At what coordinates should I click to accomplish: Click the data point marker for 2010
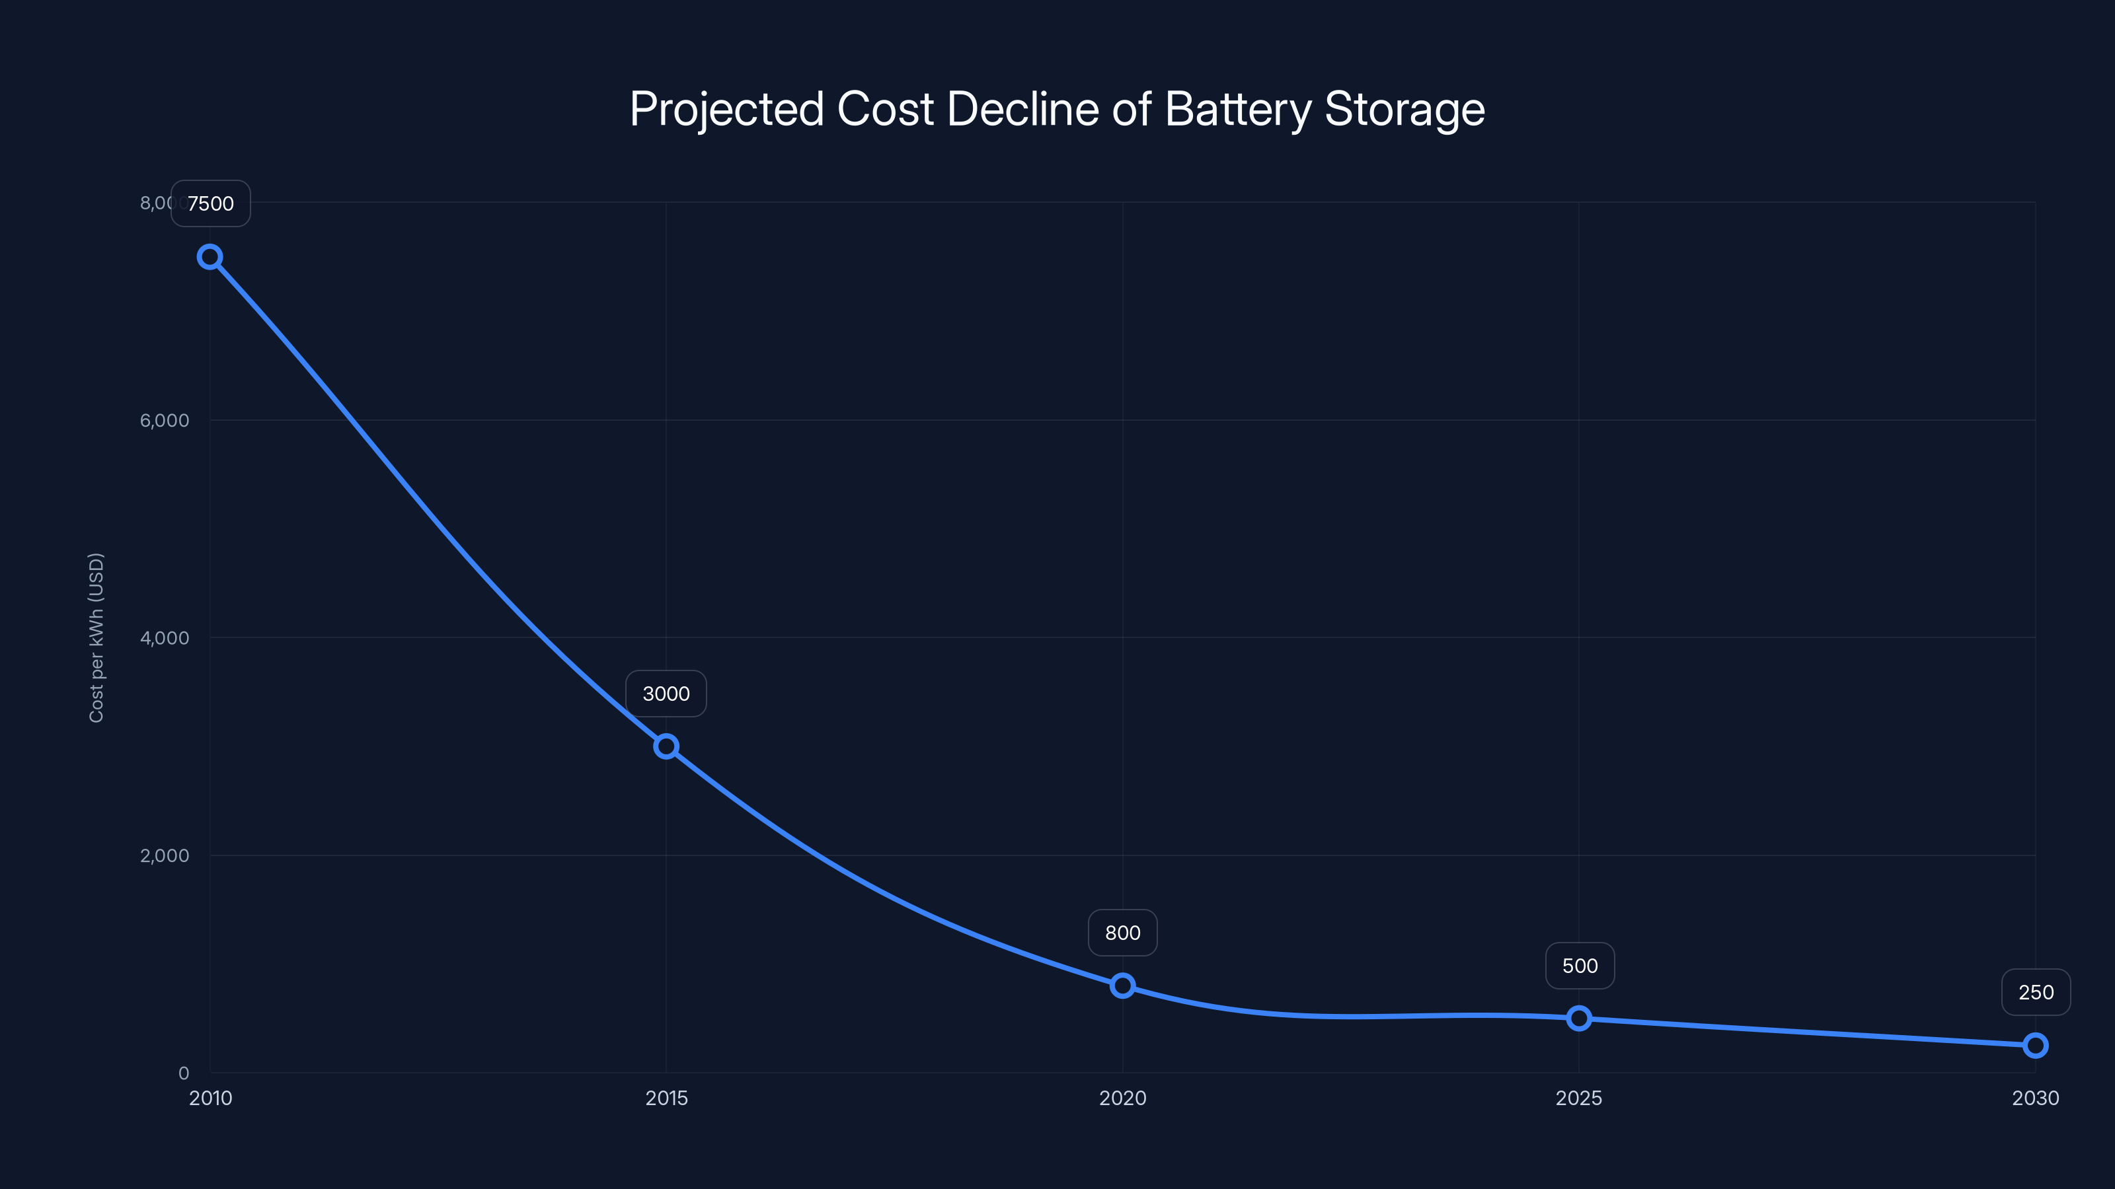tap(210, 257)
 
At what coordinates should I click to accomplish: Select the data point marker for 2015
tap(666, 746)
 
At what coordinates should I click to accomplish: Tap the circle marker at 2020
tap(1122, 986)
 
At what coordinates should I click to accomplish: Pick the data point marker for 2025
tap(1579, 1019)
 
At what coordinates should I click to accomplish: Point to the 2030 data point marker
tap(2036, 1046)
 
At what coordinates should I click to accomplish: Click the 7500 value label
tap(210, 203)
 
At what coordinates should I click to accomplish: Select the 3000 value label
tap(666, 694)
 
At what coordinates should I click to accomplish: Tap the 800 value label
tap(1122, 933)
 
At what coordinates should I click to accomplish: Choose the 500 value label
tap(1580, 966)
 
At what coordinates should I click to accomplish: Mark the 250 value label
tap(2036, 992)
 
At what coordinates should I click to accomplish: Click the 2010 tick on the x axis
tap(210, 1098)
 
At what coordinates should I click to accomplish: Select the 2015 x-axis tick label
tap(666, 1098)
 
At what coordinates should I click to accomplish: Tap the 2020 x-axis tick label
tap(1122, 1098)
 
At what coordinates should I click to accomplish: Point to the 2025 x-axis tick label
tap(1579, 1098)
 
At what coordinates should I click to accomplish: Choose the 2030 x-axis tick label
tap(2036, 1098)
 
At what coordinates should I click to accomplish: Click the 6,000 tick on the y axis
tap(164, 420)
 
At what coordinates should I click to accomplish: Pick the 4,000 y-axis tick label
tap(164, 637)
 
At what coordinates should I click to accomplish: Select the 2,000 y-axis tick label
tap(164, 855)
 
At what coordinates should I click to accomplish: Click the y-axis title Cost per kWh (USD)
tap(96, 637)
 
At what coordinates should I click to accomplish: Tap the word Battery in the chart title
tap(1238, 109)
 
